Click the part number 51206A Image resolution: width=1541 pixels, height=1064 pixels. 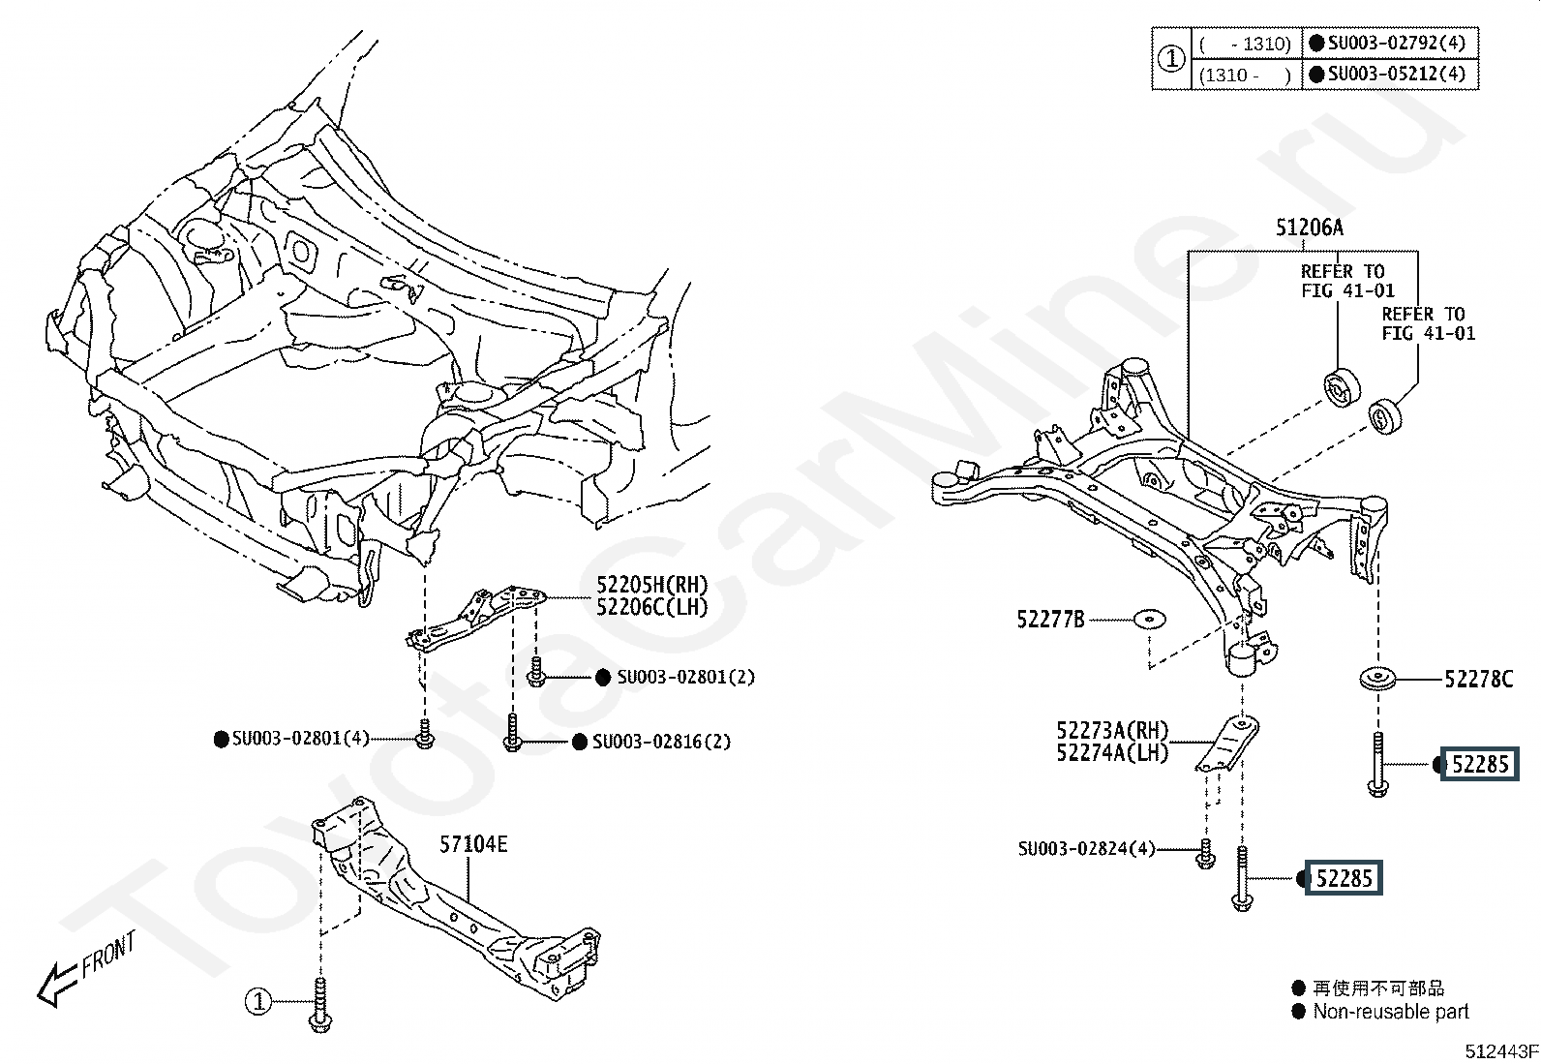(1309, 228)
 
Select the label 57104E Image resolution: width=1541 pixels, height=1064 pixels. (473, 844)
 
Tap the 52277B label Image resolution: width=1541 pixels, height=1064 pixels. (1050, 620)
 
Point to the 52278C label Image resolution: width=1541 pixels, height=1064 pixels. (1478, 680)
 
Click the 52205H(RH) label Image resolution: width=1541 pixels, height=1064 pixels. (652, 585)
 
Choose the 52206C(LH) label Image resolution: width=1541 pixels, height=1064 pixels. (652, 607)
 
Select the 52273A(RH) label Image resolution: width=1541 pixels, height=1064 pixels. (1112, 730)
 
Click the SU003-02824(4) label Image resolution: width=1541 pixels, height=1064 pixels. (1087, 848)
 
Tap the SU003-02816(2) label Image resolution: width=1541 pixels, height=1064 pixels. (661, 742)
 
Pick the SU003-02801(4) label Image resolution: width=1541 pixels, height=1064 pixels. (301, 739)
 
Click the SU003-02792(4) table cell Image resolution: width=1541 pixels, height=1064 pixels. (1390, 43)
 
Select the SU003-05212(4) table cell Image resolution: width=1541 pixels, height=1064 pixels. (1390, 74)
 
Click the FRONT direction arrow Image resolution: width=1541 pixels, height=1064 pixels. (58, 983)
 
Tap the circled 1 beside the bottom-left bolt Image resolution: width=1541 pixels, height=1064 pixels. (258, 1001)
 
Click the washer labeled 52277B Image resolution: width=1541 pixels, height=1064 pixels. (1150, 620)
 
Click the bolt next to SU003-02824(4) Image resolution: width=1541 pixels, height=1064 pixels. (1206, 853)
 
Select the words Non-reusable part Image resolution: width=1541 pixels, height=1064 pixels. (1390, 1012)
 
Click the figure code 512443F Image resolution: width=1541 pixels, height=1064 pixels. (1501, 1051)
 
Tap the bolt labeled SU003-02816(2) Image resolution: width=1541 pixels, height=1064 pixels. (512, 732)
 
